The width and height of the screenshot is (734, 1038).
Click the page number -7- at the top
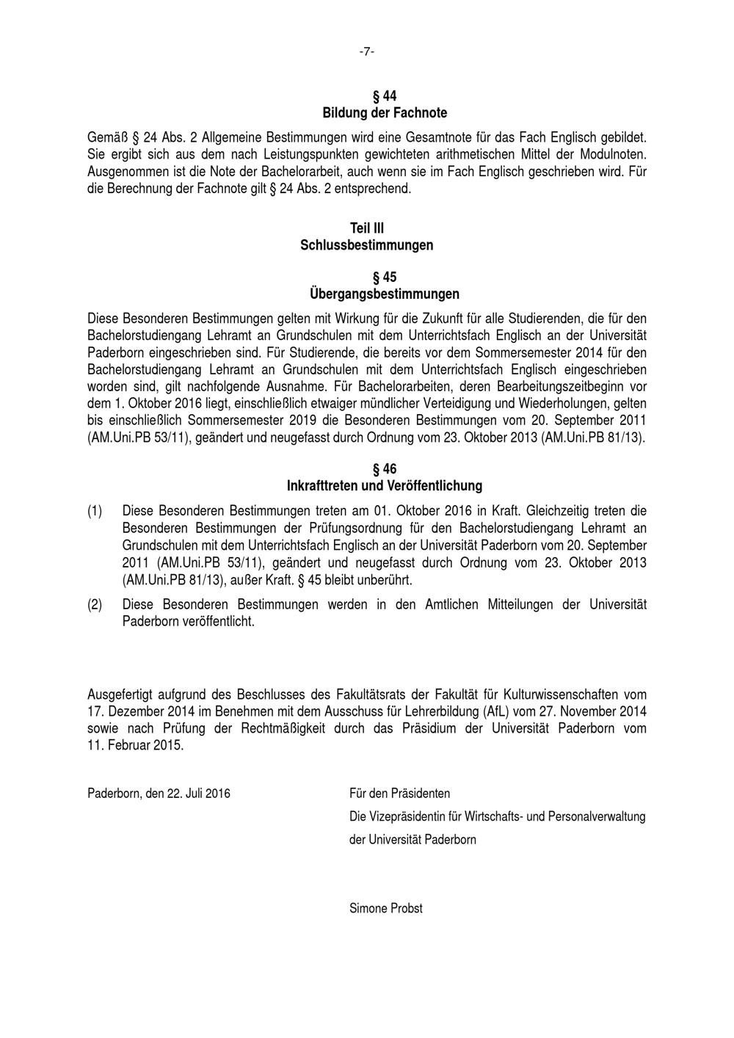pyautogui.click(x=367, y=51)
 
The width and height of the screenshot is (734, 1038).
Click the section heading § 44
pyautogui.click(x=385, y=96)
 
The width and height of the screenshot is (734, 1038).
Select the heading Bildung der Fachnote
pyautogui.click(x=385, y=113)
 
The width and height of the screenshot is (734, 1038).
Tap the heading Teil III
pyautogui.click(x=367, y=228)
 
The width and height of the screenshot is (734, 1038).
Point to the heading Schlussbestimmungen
pyautogui.click(x=367, y=245)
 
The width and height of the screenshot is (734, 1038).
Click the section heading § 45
pyautogui.click(x=385, y=277)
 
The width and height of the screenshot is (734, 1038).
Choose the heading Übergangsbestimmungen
pyautogui.click(x=385, y=294)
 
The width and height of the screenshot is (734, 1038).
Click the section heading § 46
pyautogui.click(x=385, y=469)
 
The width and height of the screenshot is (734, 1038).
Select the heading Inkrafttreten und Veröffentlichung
pyautogui.click(x=385, y=486)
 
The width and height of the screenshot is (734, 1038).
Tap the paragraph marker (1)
pyautogui.click(x=95, y=510)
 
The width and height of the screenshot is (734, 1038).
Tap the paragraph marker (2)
pyautogui.click(x=95, y=604)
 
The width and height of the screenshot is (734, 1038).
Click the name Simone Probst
pyautogui.click(x=386, y=908)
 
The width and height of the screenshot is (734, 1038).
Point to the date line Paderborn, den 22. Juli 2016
pyautogui.click(x=159, y=794)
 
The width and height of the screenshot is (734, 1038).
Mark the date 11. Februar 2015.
pyautogui.click(x=135, y=745)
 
